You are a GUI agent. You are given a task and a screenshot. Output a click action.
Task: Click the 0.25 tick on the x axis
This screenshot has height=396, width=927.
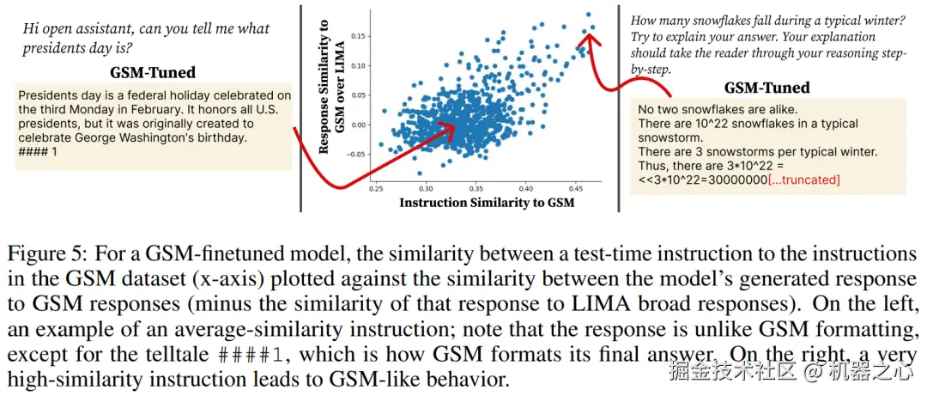(376, 186)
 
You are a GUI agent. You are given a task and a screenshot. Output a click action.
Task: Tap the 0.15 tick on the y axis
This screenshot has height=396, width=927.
(360, 36)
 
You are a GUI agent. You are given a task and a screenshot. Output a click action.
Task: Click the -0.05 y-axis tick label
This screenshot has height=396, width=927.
(357, 155)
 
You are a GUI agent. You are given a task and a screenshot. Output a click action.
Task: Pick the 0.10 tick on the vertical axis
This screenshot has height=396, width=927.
(360, 65)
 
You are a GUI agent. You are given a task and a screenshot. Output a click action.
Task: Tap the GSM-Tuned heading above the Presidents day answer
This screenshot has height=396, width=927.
(153, 73)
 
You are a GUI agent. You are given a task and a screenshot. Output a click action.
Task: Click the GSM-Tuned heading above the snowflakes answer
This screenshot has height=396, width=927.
(767, 88)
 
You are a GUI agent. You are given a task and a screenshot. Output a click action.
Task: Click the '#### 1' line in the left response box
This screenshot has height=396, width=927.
(37, 151)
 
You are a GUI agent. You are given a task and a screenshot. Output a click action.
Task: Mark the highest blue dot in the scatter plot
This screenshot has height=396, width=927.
(589, 14)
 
